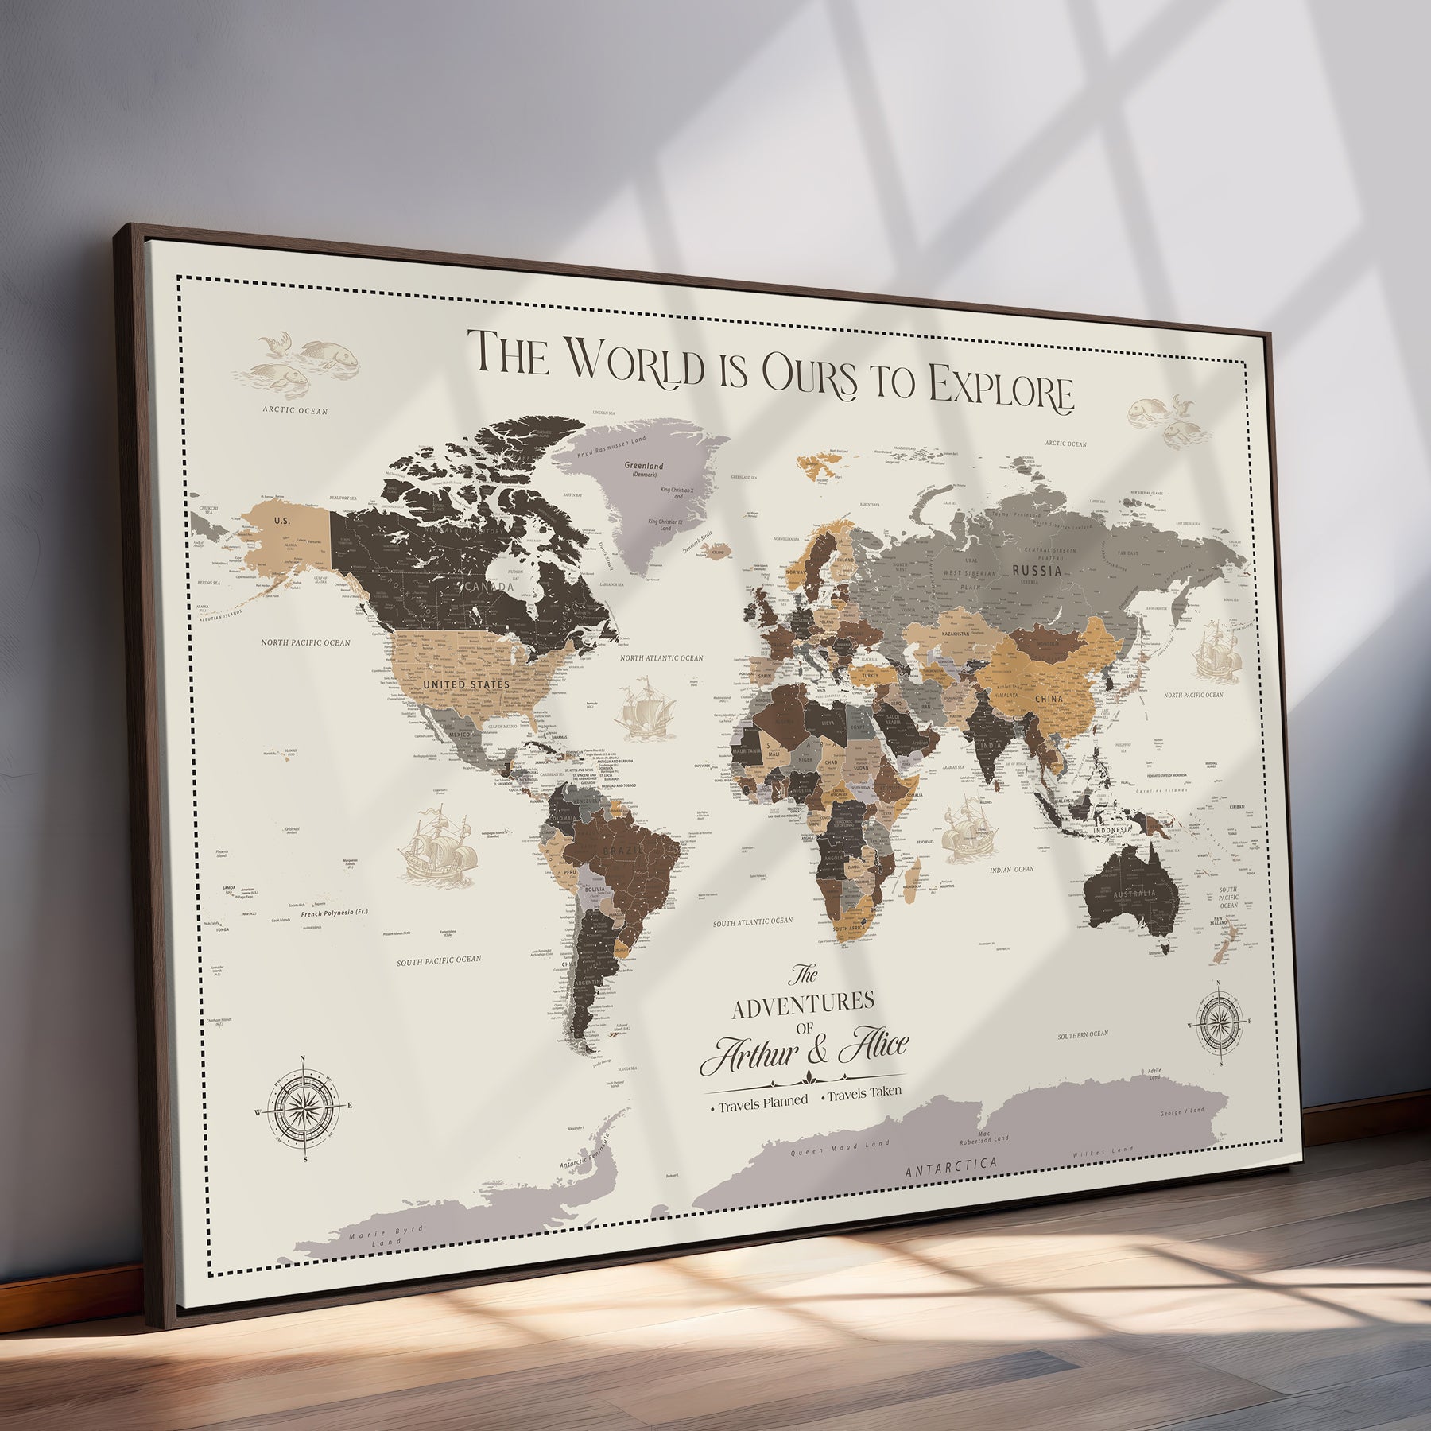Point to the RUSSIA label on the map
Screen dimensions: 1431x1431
tap(1037, 570)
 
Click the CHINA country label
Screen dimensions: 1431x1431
tap(1049, 700)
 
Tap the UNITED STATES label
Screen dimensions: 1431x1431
tap(466, 684)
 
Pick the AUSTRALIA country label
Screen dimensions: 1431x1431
tap(1134, 894)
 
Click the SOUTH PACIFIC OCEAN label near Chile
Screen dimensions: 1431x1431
tap(439, 960)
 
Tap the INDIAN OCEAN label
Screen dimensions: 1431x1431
tap(1011, 870)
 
